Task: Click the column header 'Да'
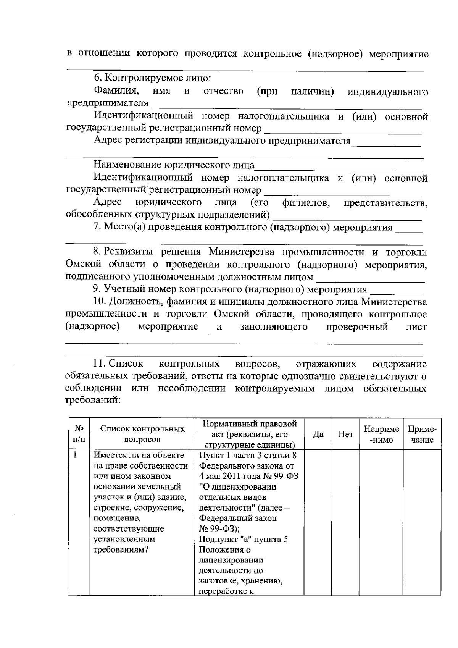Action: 318,434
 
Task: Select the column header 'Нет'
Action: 346,434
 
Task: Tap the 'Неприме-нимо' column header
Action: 381,434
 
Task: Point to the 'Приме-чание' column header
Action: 422,434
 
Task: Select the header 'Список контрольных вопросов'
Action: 142,434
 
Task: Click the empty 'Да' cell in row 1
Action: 318,523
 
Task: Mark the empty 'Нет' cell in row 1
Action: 346,523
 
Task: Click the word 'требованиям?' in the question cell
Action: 121,550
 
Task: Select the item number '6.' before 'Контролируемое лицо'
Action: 98,78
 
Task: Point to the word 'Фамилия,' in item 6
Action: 116,91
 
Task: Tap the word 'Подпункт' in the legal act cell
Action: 216,540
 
